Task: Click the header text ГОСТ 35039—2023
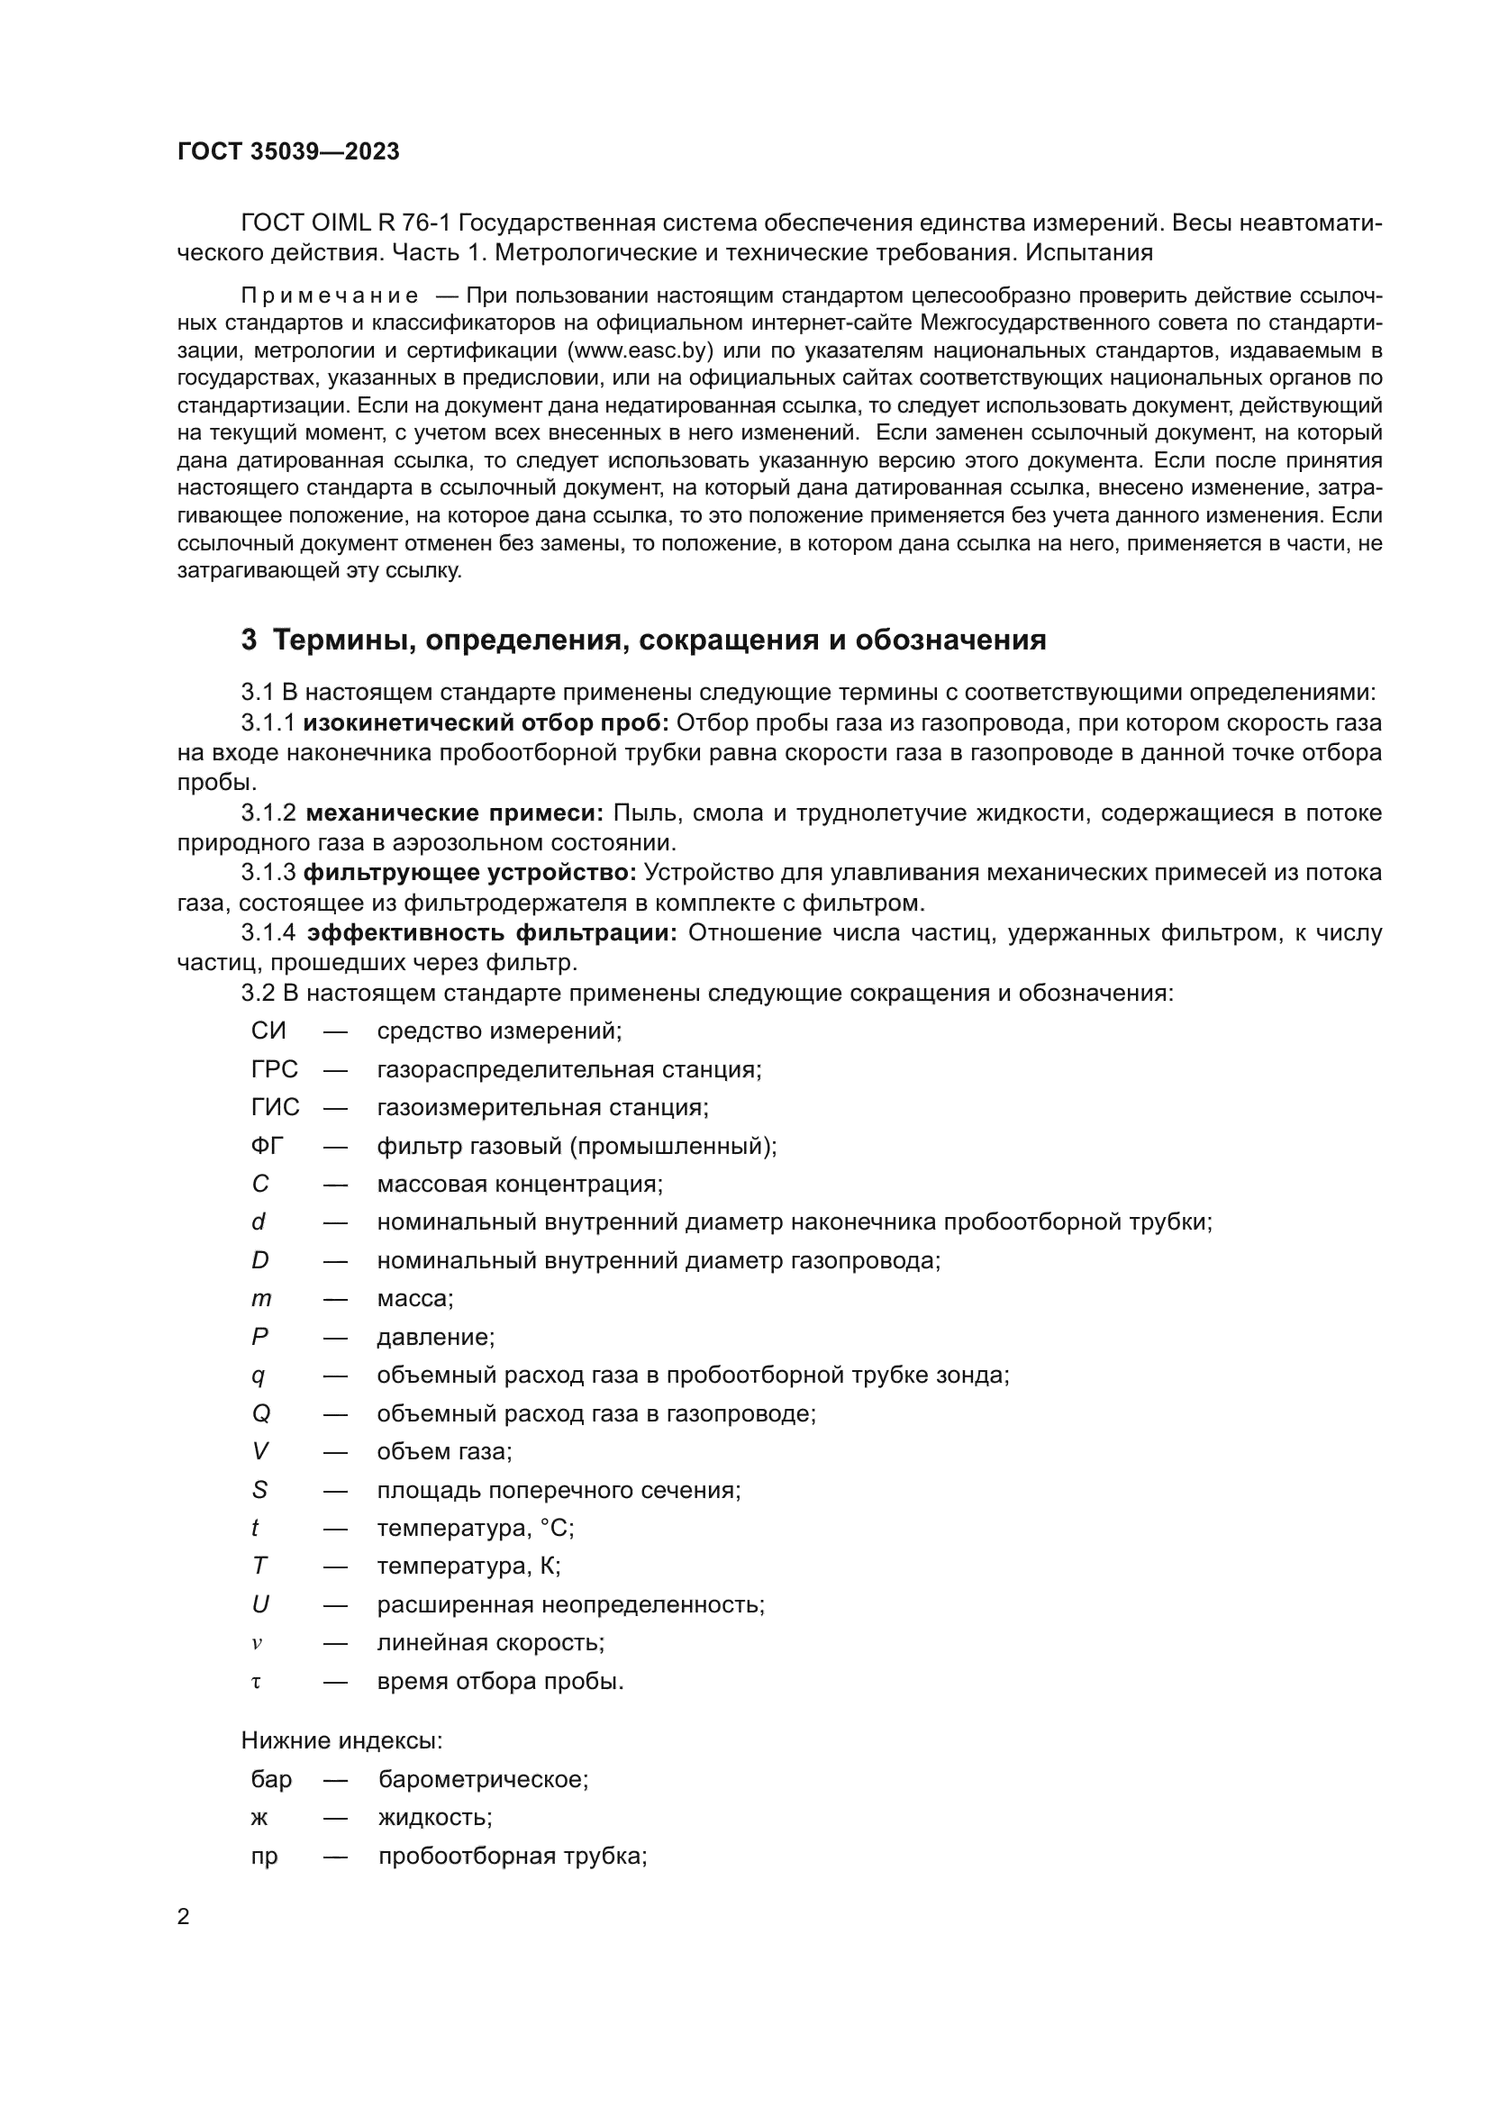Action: pyautogui.click(x=288, y=152)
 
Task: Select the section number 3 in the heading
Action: pyautogui.click(x=249, y=640)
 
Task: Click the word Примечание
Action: pyautogui.click(x=330, y=295)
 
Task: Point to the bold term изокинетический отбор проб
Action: pyautogui.click(x=488, y=723)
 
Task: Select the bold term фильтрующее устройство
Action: pyautogui.click(x=469, y=873)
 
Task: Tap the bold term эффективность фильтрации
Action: pyautogui.click(x=492, y=933)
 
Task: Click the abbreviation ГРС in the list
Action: pyautogui.click(x=275, y=1069)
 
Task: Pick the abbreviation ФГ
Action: pyautogui.click(x=268, y=1146)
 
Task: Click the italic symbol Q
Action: pyautogui.click(x=260, y=1413)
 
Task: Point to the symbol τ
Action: pyautogui.click(x=257, y=1682)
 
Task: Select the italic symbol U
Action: pyautogui.click(x=260, y=1605)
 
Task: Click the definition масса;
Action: pyautogui.click(x=414, y=1299)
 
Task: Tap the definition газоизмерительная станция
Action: pyautogui.click(x=542, y=1108)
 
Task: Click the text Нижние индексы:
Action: pyautogui.click(x=341, y=1741)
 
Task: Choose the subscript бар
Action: pyautogui.click(x=270, y=1779)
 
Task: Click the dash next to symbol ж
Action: pyautogui.click(x=335, y=1818)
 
